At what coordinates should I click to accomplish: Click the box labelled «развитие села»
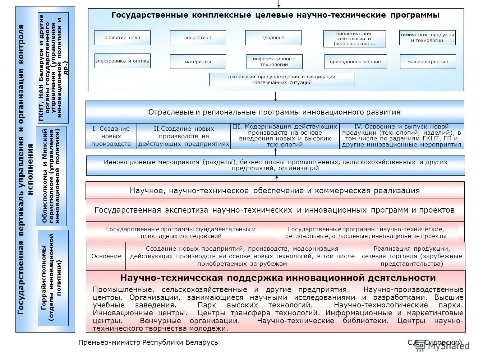point(122,38)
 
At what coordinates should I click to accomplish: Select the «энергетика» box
point(198,38)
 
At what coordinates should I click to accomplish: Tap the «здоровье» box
point(273,38)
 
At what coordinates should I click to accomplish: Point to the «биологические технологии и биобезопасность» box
point(354,39)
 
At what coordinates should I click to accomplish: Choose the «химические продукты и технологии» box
point(427,38)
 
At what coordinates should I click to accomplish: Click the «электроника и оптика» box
point(122,61)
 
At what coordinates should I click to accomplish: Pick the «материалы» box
point(198,62)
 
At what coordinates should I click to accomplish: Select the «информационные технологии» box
point(274,62)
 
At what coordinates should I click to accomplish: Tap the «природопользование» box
point(355,62)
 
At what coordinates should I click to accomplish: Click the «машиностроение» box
point(428,62)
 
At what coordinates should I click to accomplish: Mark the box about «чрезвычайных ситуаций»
point(281,80)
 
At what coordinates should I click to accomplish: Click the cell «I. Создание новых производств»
point(111,136)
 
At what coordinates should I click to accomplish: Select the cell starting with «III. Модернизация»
point(285,136)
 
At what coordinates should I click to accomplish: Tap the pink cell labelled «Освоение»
point(106,256)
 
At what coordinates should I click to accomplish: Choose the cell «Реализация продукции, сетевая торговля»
point(412,256)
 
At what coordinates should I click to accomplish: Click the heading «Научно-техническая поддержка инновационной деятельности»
point(278,278)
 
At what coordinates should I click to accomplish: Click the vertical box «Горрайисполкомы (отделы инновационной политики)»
point(53,278)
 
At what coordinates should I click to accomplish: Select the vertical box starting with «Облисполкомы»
point(51,176)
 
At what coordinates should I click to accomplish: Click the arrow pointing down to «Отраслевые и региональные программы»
point(276,96)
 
